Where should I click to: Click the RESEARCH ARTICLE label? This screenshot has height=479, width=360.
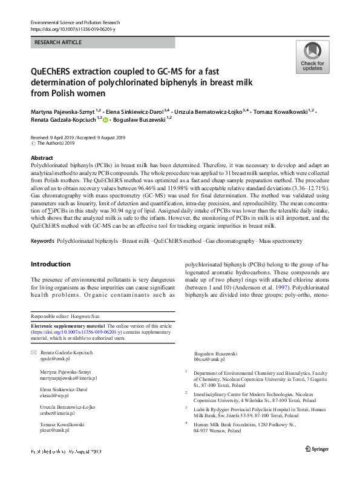[59, 43]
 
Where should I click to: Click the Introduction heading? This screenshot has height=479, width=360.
[50, 264]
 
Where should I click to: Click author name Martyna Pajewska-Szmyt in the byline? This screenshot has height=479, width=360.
[65, 112]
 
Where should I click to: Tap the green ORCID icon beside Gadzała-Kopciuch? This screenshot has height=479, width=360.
[105, 120]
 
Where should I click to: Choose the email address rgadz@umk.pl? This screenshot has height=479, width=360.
[53, 359]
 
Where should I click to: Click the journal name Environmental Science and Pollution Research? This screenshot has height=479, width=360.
[77, 22]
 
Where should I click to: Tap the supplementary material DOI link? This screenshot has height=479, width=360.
[76, 332]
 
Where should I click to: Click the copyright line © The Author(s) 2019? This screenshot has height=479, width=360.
[56, 144]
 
